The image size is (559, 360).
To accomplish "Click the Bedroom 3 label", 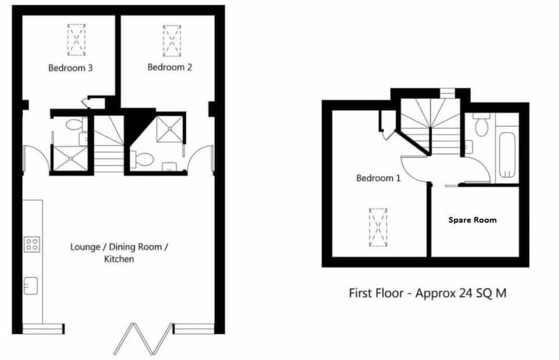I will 70,68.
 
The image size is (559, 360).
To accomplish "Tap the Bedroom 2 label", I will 169,67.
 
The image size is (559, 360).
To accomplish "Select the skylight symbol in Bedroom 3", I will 76,40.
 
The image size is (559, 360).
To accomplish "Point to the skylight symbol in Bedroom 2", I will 172,41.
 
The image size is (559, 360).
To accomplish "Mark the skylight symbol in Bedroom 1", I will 377,227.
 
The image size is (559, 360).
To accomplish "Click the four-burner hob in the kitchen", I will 31,245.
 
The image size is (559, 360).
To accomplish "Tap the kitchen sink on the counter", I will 31,285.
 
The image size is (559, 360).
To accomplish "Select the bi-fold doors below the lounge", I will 143,338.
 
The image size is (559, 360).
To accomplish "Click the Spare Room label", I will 472,220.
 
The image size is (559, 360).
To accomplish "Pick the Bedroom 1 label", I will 378,178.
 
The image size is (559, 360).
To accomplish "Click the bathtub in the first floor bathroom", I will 507,154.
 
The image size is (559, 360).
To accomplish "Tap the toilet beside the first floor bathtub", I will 481,126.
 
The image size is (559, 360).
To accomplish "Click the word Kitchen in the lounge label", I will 119,259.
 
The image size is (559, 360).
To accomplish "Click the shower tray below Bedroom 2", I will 170,128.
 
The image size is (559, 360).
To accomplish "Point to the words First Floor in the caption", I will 376,293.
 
